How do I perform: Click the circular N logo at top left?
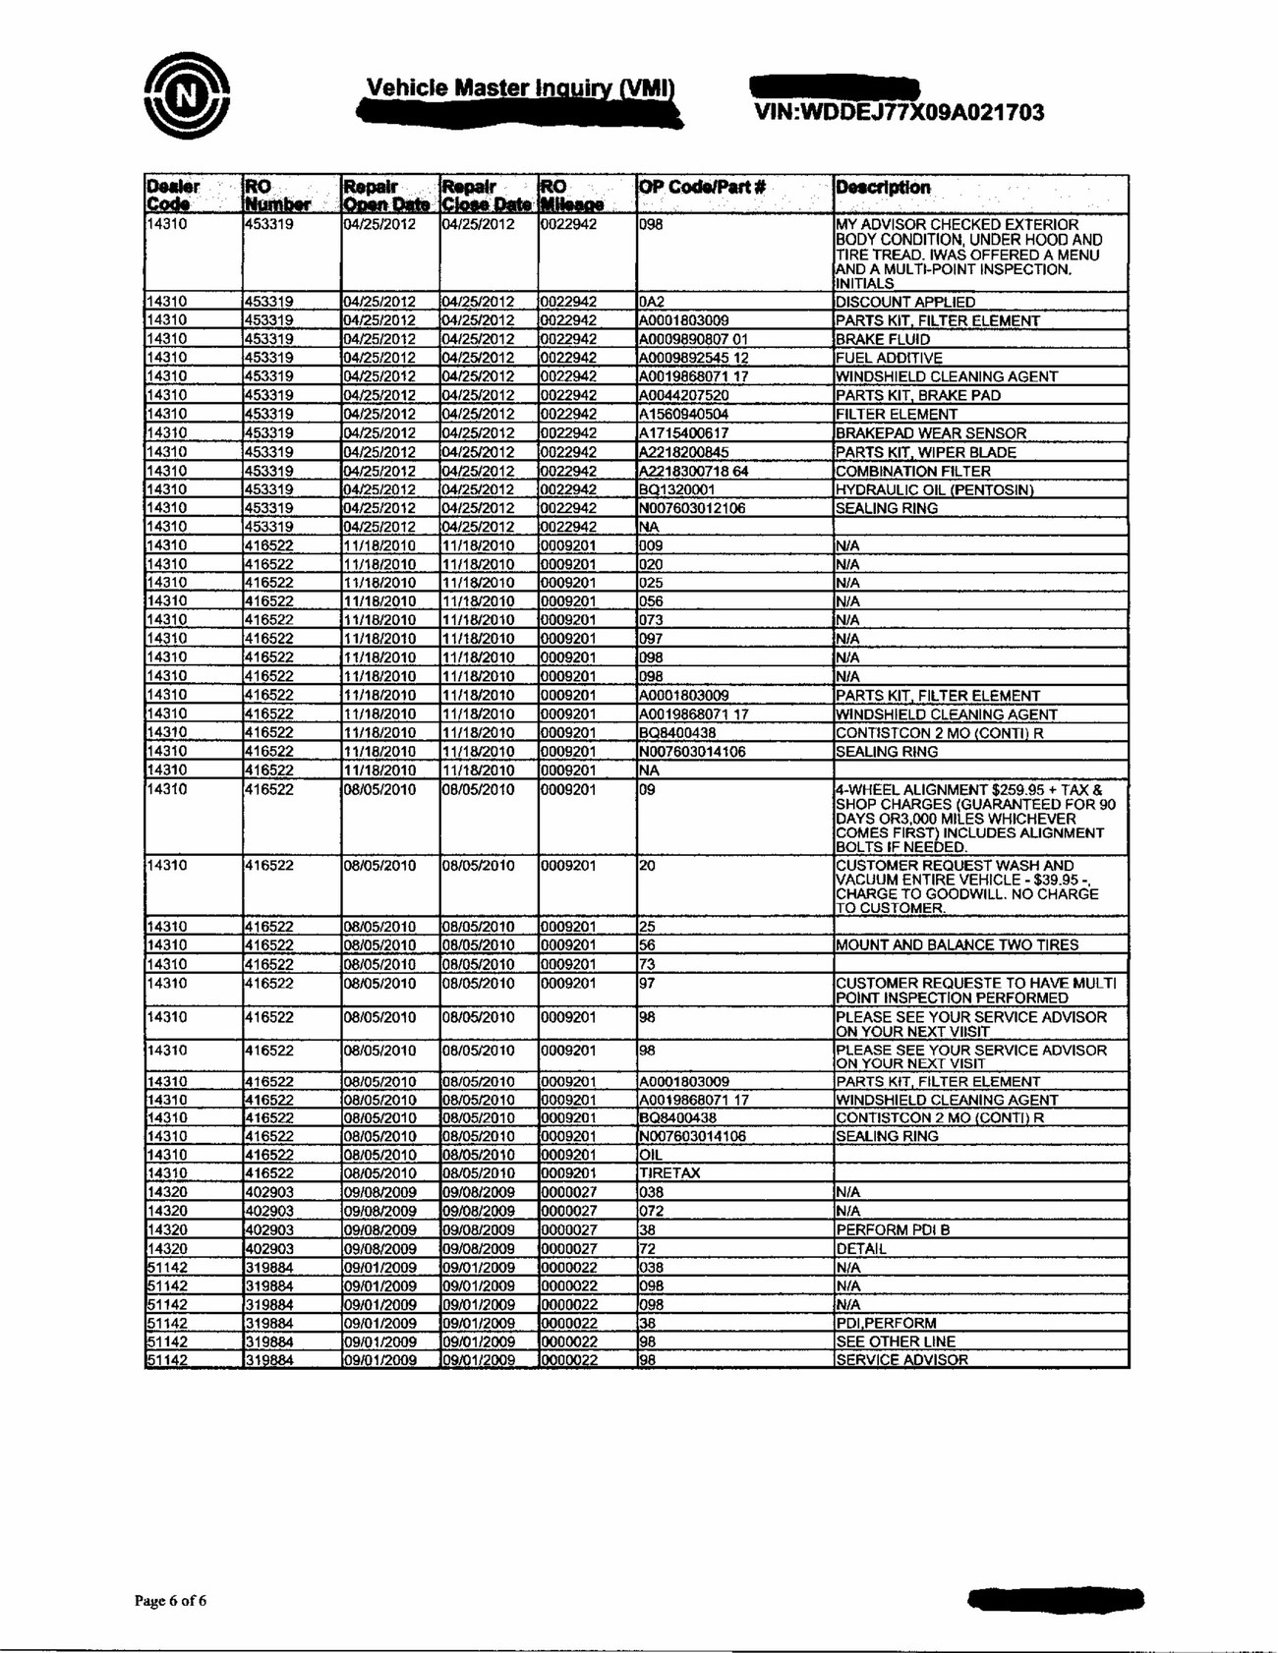(186, 95)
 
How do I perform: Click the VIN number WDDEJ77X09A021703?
(899, 112)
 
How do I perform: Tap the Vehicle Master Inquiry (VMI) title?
(519, 88)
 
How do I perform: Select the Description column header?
(883, 187)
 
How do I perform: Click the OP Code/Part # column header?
(702, 187)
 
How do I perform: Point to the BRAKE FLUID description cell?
(882, 340)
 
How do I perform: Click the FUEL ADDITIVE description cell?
(889, 359)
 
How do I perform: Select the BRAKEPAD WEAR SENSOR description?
(930, 433)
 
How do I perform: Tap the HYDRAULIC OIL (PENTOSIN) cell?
(934, 489)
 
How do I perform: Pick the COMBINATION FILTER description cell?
(912, 471)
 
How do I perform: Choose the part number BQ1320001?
(676, 489)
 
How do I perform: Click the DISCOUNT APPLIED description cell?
(904, 303)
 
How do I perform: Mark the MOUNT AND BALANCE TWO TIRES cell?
(957, 945)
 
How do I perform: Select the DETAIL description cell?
(861, 1249)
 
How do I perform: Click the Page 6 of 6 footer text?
(170, 1600)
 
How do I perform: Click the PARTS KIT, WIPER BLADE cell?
(925, 452)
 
